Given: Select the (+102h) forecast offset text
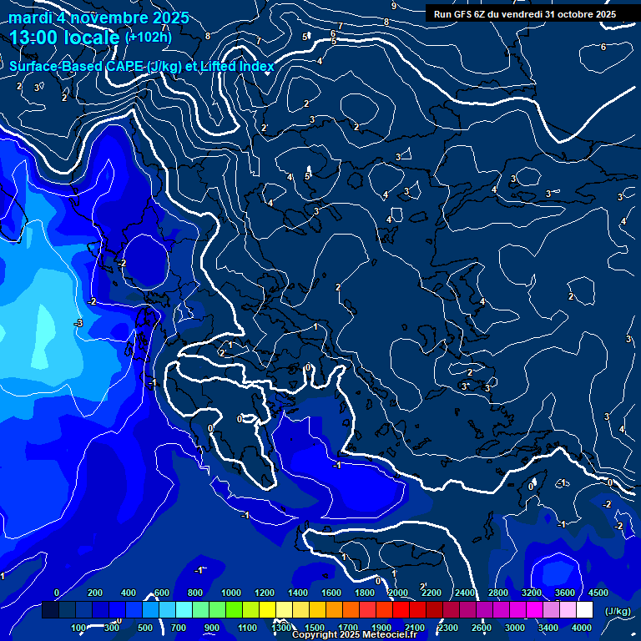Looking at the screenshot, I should click(x=148, y=37).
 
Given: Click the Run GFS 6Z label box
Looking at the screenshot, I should click(x=525, y=14).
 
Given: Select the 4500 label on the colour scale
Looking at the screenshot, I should click(x=598, y=593).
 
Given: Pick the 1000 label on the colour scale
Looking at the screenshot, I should click(x=231, y=593).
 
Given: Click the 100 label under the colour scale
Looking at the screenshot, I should click(x=79, y=628).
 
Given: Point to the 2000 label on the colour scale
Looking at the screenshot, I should click(x=398, y=593).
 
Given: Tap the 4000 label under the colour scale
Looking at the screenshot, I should click(x=582, y=628).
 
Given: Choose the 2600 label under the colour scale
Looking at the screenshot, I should click(x=482, y=628).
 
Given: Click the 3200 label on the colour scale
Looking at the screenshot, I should click(x=532, y=593).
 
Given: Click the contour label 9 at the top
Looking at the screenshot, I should click(x=393, y=6).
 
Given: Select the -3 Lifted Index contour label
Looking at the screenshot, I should click(x=78, y=322).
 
